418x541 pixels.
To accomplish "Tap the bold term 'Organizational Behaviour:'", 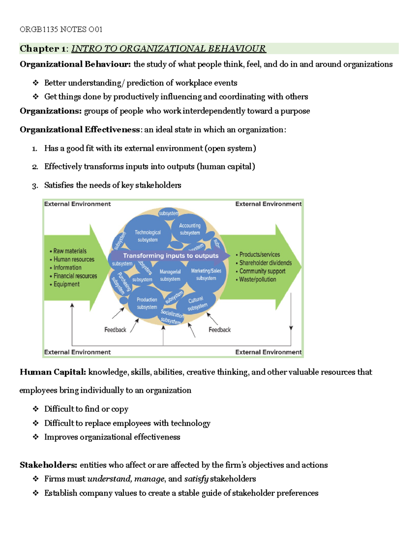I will point(75,64).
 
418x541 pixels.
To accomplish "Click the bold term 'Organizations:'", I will point(51,111).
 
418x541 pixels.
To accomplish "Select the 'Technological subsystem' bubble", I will point(148,236).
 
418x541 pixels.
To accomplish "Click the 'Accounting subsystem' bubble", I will point(190,229).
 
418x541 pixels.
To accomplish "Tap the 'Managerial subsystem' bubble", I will point(170,275).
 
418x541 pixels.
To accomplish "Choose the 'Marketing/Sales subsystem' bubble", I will point(206,274).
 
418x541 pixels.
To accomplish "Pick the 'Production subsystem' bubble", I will point(147,303).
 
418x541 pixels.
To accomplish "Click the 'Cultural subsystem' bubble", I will point(197,303).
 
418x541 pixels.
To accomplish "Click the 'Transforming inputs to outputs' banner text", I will point(171,256).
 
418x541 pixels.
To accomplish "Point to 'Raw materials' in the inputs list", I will point(70,251).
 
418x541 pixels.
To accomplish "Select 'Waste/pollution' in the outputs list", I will point(257,279).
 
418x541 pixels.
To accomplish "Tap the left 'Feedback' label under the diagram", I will point(115,330).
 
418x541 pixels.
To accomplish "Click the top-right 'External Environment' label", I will point(268,204).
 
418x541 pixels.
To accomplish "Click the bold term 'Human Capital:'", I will point(53,372).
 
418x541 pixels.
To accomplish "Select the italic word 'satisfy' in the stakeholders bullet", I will point(196,479).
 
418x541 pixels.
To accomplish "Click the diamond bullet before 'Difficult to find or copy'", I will point(36,409).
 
